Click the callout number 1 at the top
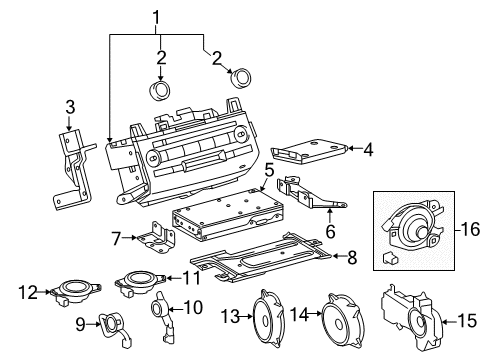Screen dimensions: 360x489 [x=156, y=17]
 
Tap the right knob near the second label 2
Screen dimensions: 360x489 [x=239, y=78]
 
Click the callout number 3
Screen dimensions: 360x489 [x=69, y=107]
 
